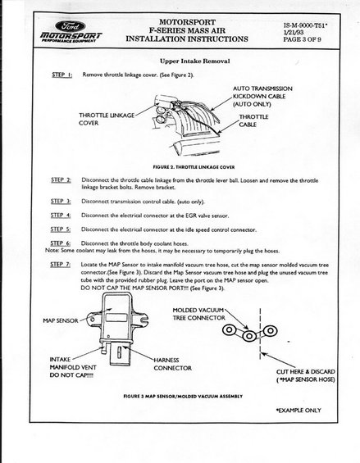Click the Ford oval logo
tap(70, 26)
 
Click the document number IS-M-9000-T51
tap(306, 25)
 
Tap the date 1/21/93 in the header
tap(294, 33)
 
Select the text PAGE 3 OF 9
tap(302, 39)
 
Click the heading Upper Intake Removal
tap(195, 61)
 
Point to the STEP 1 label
tap(62, 75)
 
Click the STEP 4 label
tap(61, 216)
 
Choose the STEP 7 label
tap(61, 264)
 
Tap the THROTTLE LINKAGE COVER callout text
tap(107, 119)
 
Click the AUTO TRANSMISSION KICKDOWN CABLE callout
tap(262, 96)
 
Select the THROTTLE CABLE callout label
tap(253, 120)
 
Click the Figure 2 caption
tap(194, 167)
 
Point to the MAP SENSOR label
tap(61, 320)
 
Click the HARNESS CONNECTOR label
tap(172, 364)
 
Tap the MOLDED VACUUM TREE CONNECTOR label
tap(198, 314)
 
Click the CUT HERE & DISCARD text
tap(306, 371)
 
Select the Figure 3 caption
tap(183, 396)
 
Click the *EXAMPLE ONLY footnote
tap(298, 411)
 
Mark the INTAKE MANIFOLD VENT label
tap(73, 367)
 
